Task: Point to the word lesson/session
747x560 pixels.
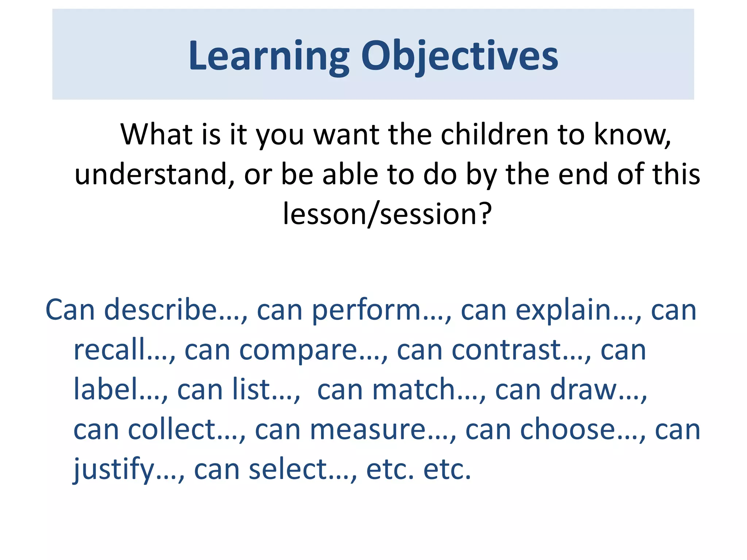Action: (379, 214)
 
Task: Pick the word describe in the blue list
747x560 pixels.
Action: (160, 310)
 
